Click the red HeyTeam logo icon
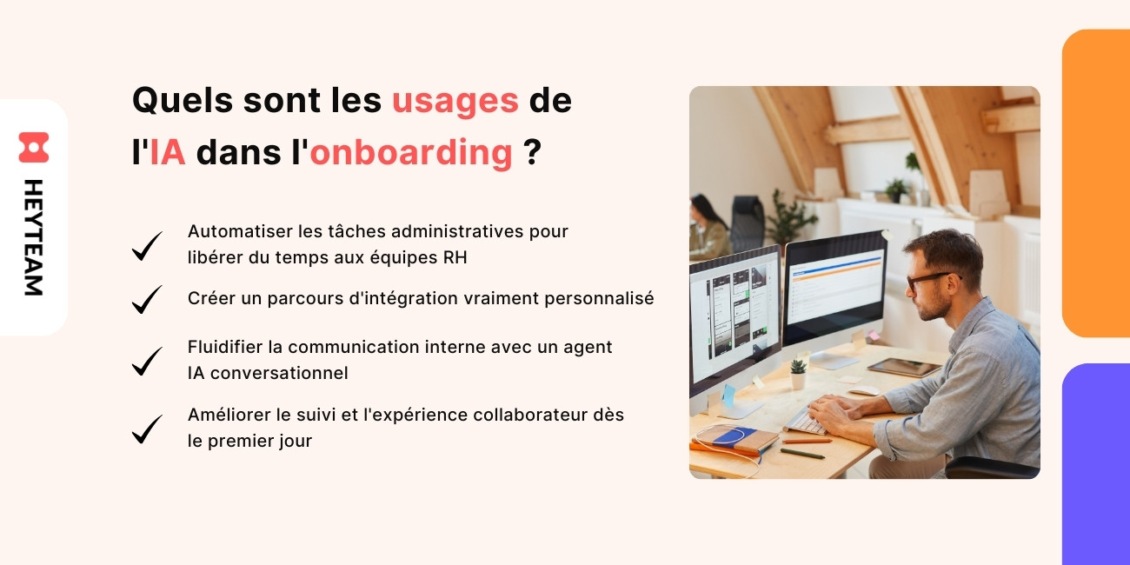[34, 147]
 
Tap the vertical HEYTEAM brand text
[33, 237]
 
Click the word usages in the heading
[455, 101]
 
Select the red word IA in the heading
[167, 152]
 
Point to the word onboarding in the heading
[410, 152]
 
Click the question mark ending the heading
[532, 152]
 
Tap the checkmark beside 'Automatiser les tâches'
[147, 245]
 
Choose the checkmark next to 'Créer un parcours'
[147, 299]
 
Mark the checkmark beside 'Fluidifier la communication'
[147, 361]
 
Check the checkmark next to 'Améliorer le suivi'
[147, 429]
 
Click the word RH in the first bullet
[455, 256]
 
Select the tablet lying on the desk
[903, 368]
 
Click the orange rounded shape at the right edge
[1096, 183]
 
